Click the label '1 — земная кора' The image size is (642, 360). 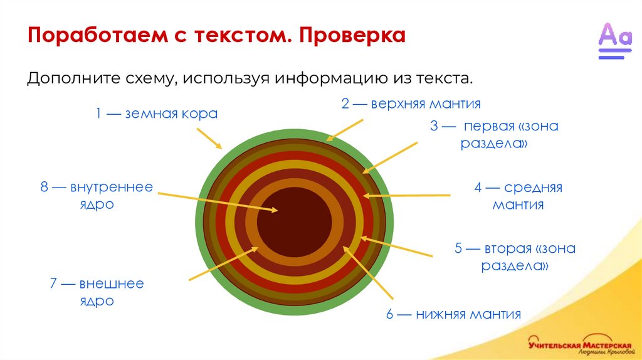click(x=156, y=114)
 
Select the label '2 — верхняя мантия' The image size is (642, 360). click(x=411, y=104)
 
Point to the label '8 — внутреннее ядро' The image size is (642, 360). click(x=97, y=196)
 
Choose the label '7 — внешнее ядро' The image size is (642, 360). click(x=97, y=292)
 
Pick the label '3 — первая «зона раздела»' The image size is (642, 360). click(x=494, y=135)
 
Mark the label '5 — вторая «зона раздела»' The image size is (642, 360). click(x=515, y=257)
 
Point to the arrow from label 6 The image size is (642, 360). click(x=369, y=273)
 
